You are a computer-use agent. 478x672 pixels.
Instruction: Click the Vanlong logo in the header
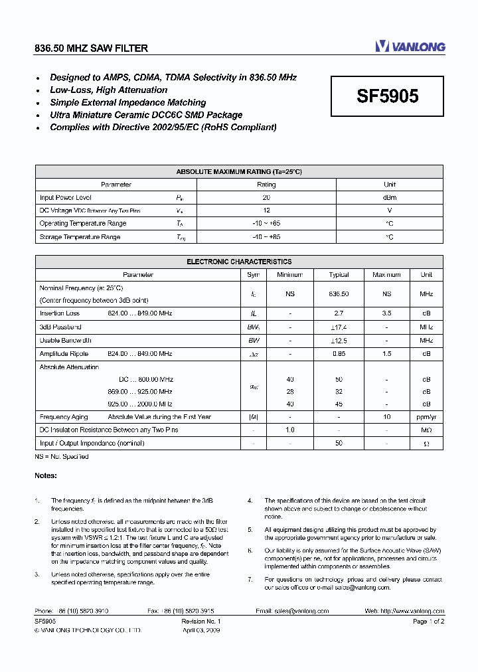pos(410,46)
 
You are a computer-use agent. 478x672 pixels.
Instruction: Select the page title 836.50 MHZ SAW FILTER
pos(91,48)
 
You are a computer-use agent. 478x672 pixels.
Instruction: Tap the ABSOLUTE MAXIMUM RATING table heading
pos(239,171)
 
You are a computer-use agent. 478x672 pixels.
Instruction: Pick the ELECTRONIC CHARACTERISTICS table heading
pos(239,262)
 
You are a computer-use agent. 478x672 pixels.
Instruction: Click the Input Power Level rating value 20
pos(266,197)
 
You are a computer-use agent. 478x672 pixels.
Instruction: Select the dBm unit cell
pos(390,197)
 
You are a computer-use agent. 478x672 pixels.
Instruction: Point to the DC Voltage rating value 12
pos(266,210)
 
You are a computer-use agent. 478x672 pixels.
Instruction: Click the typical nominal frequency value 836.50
pos(339,293)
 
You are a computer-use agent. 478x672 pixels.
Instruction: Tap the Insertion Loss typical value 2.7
pos(339,313)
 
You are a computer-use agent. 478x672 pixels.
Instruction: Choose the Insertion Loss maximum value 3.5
pos(386,313)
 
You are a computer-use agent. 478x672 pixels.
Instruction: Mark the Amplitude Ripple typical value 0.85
pos(339,354)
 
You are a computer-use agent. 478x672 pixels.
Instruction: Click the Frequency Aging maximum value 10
pos(386,417)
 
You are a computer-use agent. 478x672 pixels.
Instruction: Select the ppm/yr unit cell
pos(426,417)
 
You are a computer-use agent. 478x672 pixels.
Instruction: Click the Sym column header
pos(254,274)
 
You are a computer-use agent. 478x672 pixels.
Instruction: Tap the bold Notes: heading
pos(46,475)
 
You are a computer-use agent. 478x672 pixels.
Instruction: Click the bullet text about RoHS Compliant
pos(163,127)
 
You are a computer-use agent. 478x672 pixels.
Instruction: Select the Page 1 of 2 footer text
pos(428,621)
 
